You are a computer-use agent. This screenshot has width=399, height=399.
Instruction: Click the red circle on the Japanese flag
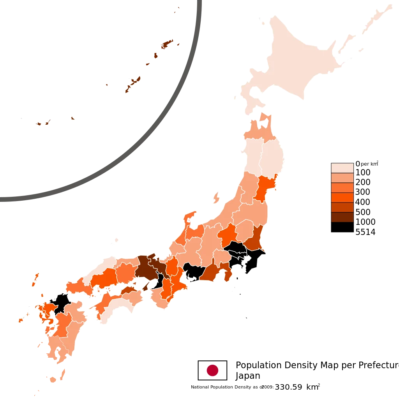(x=212, y=370)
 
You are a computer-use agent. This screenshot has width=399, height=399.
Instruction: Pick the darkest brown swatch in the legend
(x=342, y=217)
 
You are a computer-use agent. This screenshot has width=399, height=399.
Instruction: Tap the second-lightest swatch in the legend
(x=342, y=178)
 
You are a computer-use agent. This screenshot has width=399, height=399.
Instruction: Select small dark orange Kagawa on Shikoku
(x=129, y=290)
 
